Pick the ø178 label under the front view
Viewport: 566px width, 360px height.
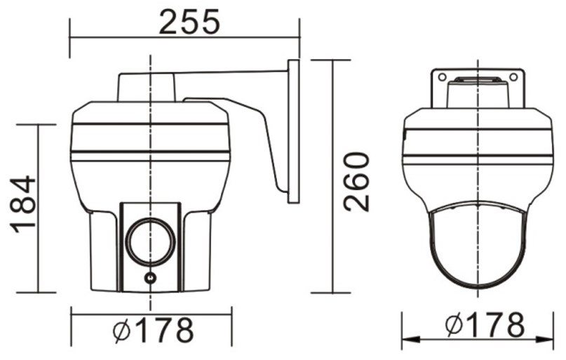pos(485,325)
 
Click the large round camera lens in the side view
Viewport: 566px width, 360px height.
pos(150,241)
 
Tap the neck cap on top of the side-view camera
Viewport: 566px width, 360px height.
pos(148,86)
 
